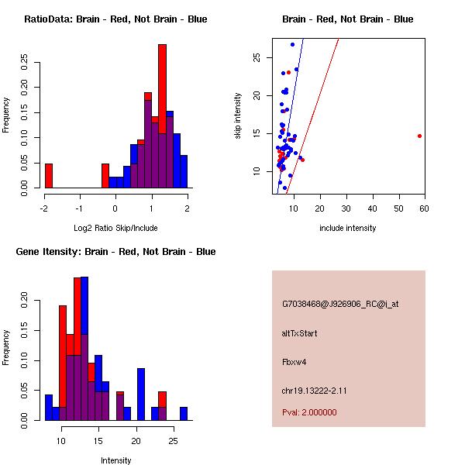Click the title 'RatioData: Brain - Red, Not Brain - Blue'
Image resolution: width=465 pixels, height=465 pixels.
(x=115, y=19)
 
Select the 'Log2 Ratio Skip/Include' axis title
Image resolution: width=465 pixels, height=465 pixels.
(x=115, y=227)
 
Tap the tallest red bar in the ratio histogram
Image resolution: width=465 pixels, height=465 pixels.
(x=162, y=116)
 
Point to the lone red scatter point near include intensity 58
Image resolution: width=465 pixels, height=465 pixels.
(x=419, y=136)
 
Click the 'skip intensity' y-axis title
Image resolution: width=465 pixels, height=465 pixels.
(x=239, y=116)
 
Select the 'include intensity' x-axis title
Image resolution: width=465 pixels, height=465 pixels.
(x=347, y=228)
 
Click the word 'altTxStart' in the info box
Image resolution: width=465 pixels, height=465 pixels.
(x=299, y=333)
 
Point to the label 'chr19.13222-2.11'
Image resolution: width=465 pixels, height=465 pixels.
(x=314, y=391)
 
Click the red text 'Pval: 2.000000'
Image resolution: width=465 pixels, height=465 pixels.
(x=309, y=412)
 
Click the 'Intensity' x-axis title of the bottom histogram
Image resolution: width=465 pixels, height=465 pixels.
(x=115, y=460)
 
